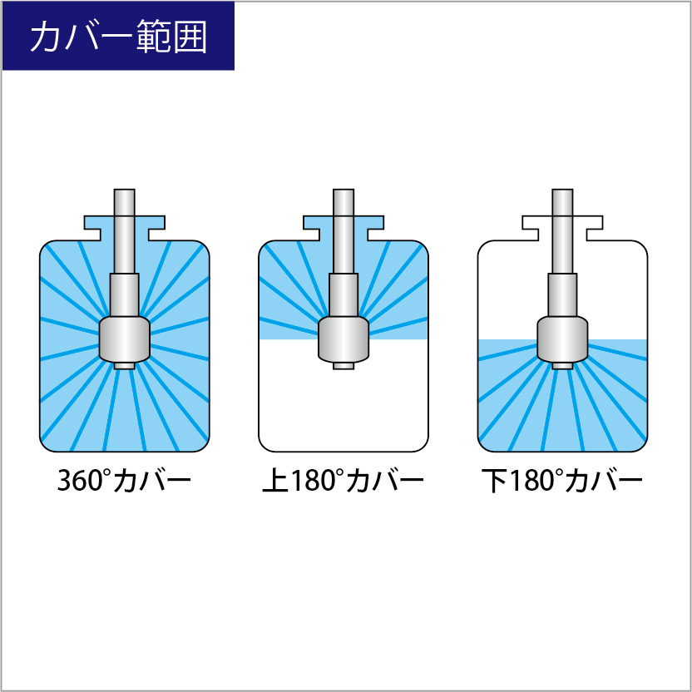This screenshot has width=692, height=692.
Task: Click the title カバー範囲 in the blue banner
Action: [x=118, y=37]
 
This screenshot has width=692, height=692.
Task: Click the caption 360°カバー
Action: [x=124, y=480]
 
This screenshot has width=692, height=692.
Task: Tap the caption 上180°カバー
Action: [x=343, y=480]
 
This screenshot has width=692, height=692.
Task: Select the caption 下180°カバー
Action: [x=561, y=480]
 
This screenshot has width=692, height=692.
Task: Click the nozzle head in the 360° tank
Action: [x=125, y=339]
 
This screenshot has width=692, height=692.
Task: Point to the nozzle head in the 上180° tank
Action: [x=344, y=339]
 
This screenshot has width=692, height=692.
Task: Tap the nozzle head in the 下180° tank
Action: [x=562, y=339]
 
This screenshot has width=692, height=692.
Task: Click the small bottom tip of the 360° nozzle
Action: [x=125, y=366]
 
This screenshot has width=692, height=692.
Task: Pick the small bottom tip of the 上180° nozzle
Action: [x=344, y=366]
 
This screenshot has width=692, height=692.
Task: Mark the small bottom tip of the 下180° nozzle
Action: [x=562, y=366]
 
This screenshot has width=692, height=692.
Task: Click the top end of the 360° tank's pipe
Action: [x=125, y=190]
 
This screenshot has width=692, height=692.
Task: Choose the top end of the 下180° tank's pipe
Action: [x=562, y=190]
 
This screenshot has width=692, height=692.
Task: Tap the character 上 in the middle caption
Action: [x=275, y=481]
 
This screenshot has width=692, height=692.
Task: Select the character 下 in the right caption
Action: [x=494, y=481]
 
